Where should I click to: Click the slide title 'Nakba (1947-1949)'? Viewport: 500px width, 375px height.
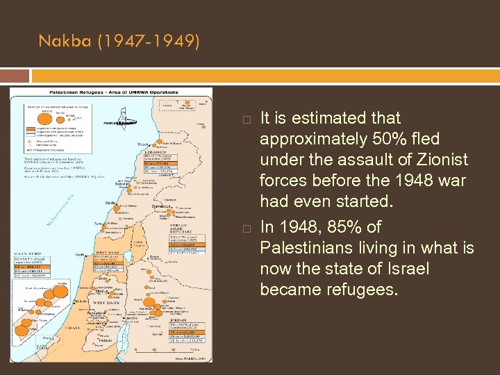[x=119, y=42]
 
